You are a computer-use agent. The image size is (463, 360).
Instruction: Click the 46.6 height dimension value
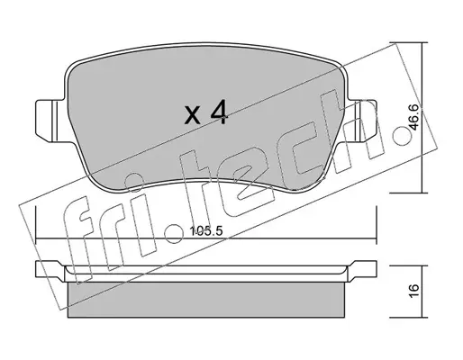(x=414, y=117)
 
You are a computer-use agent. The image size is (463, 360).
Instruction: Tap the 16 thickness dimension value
(x=414, y=291)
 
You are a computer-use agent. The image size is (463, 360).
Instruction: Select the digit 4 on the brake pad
(x=220, y=112)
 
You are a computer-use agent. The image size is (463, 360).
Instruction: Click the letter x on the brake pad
(x=192, y=116)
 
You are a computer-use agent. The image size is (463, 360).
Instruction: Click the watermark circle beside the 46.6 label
(x=402, y=136)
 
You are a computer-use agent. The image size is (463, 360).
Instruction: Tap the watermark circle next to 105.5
(x=175, y=233)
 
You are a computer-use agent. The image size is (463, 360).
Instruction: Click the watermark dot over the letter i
(x=133, y=182)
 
